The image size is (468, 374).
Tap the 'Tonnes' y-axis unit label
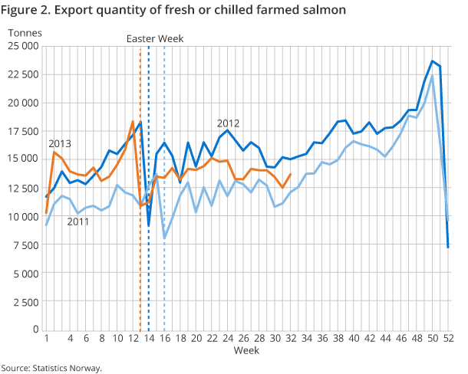[26, 34]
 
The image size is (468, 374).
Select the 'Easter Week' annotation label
[154, 39]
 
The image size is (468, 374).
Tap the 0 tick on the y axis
[35, 330]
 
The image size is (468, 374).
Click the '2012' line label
[228, 123]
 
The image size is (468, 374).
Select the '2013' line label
[60, 143]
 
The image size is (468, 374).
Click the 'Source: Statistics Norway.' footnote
[51, 368]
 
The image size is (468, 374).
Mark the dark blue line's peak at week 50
[433, 61]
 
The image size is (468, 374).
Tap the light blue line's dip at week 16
[164, 238]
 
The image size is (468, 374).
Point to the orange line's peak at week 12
[133, 122]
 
